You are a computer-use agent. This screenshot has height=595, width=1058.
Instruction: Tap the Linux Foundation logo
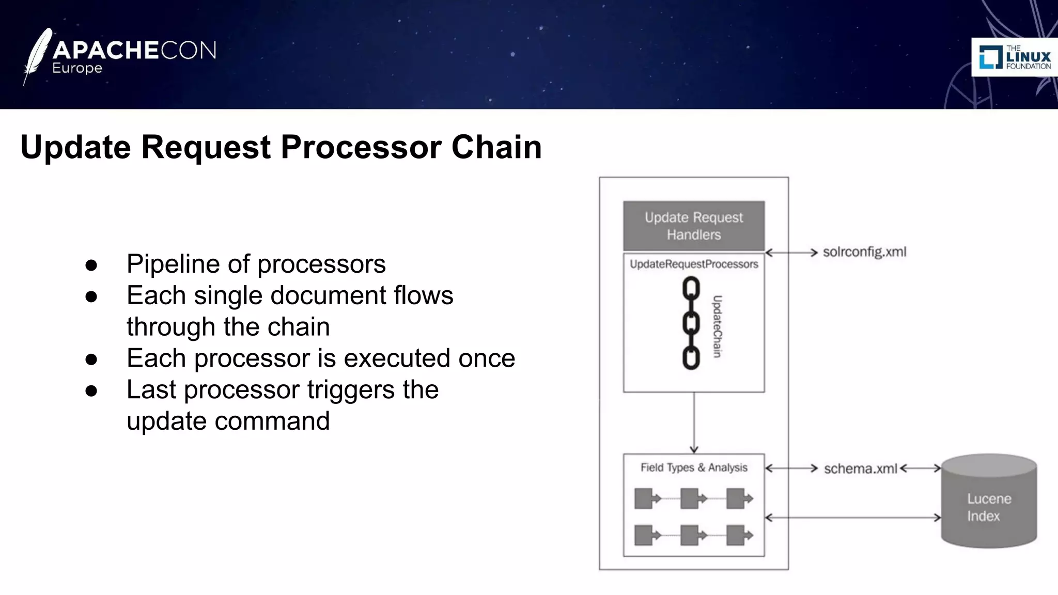(x=1014, y=57)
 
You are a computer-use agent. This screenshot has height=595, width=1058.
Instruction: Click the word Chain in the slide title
(x=496, y=147)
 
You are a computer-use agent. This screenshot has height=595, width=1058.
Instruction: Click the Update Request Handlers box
(x=693, y=226)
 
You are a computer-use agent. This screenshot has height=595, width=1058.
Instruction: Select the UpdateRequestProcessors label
(x=693, y=264)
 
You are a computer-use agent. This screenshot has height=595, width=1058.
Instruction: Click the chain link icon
(x=691, y=323)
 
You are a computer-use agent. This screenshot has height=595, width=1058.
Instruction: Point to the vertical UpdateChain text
(x=717, y=326)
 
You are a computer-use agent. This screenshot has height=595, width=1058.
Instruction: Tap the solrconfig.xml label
(x=864, y=252)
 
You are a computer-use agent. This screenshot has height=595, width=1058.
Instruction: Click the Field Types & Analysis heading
(x=693, y=468)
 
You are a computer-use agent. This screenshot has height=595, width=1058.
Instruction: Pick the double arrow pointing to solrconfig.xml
(x=791, y=253)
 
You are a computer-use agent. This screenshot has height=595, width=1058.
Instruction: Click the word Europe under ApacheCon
(x=77, y=69)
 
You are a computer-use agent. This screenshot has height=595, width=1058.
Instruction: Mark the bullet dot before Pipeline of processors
(x=91, y=265)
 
